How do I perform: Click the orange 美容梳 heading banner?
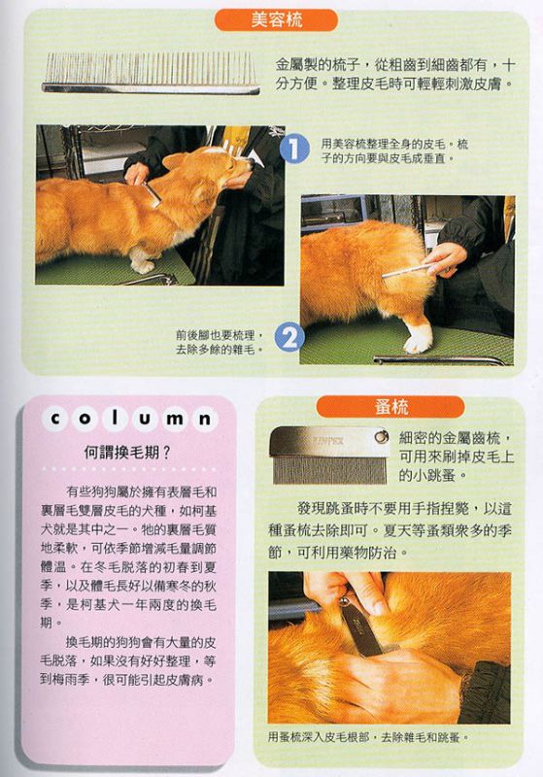point(276,20)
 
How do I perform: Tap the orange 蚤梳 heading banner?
point(390,407)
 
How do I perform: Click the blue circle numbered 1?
point(293,148)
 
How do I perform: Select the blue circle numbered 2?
point(288,337)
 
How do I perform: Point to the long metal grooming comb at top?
point(151,74)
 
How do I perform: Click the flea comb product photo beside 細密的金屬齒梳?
point(328,455)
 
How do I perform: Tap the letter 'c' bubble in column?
point(55,419)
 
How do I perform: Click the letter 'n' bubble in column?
point(205,420)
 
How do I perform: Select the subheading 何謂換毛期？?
point(127,452)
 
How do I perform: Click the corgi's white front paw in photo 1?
point(142,265)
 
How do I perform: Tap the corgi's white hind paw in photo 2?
point(417,342)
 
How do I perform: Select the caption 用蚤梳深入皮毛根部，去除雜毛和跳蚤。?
point(368,737)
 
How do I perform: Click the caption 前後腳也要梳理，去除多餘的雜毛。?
point(220,343)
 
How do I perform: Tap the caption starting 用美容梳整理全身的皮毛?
point(394,152)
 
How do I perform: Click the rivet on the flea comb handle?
point(380,436)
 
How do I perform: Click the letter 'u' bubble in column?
point(145,420)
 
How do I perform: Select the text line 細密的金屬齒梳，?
point(456,438)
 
